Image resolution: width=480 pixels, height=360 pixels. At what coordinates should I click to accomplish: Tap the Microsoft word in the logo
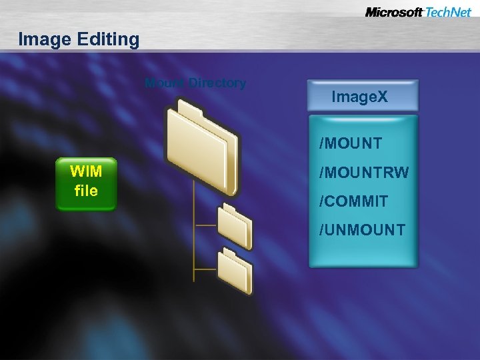[x=393, y=12]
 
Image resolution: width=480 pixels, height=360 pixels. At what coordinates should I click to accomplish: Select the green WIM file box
[x=86, y=183]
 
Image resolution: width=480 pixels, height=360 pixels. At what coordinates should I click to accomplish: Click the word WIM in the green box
[x=86, y=172]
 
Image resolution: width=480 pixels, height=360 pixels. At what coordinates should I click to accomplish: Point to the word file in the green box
[x=86, y=191]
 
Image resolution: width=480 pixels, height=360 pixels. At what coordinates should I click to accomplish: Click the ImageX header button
[x=363, y=96]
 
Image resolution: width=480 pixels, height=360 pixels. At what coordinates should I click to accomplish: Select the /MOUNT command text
[x=351, y=143]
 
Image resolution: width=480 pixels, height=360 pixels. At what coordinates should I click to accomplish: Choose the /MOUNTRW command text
[x=363, y=173]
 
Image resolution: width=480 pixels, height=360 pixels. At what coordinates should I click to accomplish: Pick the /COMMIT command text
[x=353, y=201]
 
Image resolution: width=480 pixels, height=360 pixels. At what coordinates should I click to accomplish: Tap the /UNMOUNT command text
[x=362, y=230]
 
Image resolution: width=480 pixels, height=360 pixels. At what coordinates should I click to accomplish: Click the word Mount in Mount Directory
[x=165, y=83]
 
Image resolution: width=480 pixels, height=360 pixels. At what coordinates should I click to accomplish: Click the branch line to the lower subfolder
[x=205, y=269]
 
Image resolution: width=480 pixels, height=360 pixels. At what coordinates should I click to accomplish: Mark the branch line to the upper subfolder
[x=205, y=225]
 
